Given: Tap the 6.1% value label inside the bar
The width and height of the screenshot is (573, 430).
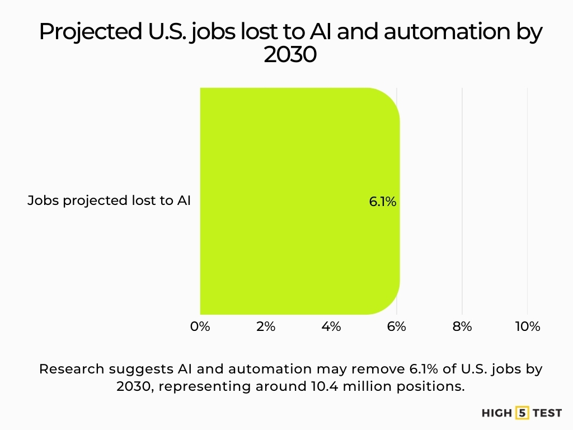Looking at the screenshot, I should [383, 202].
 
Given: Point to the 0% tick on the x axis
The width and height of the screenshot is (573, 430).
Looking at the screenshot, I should [200, 326].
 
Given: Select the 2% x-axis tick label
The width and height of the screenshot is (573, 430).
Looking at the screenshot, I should [266, 326].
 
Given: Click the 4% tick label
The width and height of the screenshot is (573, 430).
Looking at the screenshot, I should [331, 326].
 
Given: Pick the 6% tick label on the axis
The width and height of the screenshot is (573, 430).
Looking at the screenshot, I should [397, 326].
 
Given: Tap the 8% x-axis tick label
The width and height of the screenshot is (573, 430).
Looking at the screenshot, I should [462, 326].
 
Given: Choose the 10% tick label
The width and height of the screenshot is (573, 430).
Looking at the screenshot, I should [527, 326].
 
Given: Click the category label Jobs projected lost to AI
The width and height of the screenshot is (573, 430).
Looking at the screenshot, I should [109, 200].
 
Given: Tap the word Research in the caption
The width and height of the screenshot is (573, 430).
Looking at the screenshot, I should [72, 370].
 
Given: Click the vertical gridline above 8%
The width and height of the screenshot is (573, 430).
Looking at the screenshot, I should [462, 168].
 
